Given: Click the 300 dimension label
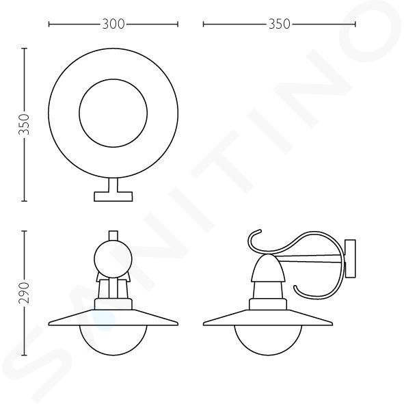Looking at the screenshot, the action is [x=113, y=24].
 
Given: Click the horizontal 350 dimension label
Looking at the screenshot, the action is [x=280, y=24].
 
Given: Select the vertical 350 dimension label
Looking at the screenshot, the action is [x=25, y=124].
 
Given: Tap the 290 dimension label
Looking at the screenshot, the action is [x=25, y=293].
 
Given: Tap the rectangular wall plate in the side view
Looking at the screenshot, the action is [x=351, y=258].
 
